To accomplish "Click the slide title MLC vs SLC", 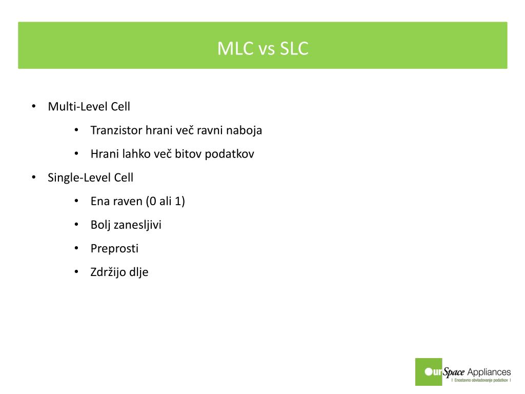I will click(x=262, y=48).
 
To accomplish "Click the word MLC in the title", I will click(x=235, y=48).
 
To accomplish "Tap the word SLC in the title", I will click(x=294, y=48).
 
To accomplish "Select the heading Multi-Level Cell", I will click(x=89, y=107).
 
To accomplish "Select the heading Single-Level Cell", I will click(x=90, y=178).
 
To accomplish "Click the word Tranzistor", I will click(x=116, y=130).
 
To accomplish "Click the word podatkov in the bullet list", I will click(x=229, y=154).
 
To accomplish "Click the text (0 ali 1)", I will click(x=165, y=201).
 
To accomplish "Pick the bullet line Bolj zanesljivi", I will click(x=126, y=225).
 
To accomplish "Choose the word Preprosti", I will click(x=114, y=248).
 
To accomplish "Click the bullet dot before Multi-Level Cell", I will click(x=33, y=107).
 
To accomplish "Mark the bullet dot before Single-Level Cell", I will click(x=33, y=178).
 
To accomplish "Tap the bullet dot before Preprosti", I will click(x=76, y=248).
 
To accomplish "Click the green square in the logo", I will click(x=428, y=371).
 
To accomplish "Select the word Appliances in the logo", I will click(x=489, y=372).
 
